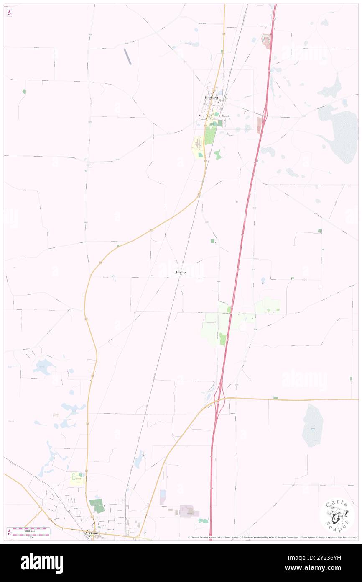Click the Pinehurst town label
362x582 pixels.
point(212,98)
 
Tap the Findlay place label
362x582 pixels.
point(181,273)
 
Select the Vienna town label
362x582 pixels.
point(93,533)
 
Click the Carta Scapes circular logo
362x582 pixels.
point(337,515)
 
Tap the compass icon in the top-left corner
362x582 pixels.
point(9,13)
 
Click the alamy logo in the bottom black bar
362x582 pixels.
point(42,563)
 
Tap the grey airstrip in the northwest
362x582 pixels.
point(127,56)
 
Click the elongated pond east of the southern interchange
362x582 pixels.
point(312,425)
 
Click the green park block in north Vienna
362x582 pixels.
point(97,506)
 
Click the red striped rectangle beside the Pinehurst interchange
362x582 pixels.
point(259,125)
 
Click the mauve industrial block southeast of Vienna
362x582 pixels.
point(189,510)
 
